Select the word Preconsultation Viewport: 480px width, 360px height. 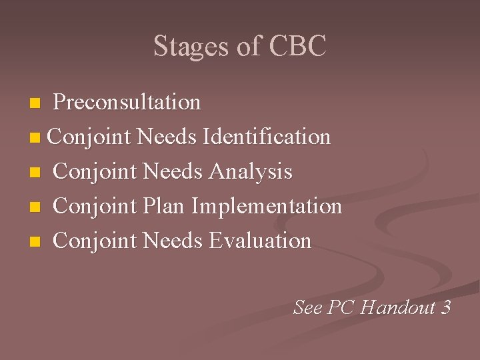pos(127,102)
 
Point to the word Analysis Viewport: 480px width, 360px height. pos(251,171)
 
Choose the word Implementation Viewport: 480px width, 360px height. pos(267,206)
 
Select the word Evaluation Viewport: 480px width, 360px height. pos(260,241)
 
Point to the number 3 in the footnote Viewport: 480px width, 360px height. pos(445,307)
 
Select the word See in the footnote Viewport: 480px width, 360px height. pos(308,307)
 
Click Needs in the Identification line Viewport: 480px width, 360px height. pos(166,137)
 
